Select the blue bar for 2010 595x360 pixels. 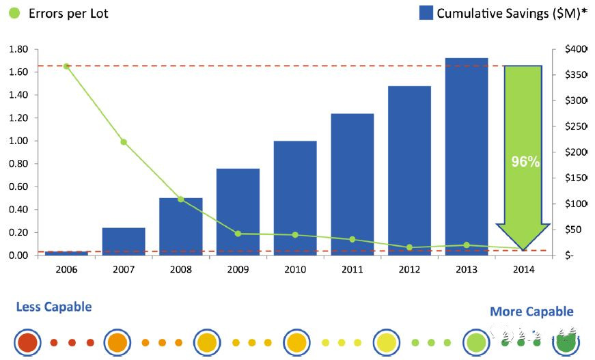(x=295, y=198)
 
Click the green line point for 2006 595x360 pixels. (x=66, y=66)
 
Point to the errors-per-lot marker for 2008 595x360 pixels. (x=181, y=199)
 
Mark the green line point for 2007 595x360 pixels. (x=124, y=142)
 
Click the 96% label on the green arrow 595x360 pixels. (x=525, y=162)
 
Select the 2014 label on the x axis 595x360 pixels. (x=524, y=270)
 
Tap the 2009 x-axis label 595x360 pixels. (x=238, y=270)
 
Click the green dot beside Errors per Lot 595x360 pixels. (x=14, y=13)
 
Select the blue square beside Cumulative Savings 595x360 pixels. (x=426, y=13)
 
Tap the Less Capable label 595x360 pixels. (x=54, y=307)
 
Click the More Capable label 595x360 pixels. (x=531, y=311)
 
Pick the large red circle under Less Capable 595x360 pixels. (x=28, y=342)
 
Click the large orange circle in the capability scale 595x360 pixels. (x=117, y=342)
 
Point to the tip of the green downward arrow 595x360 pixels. (x=523, y=249)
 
